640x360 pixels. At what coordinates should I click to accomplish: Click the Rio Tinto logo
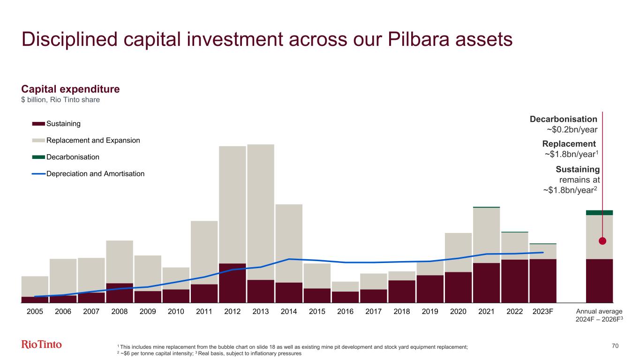click(x=42, y=345)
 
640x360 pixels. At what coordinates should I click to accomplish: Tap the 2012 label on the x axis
click(x=232, y=311)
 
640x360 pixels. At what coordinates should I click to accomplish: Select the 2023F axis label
click(x=542, y=311)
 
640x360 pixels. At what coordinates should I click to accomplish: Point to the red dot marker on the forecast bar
click(x=602, y=241)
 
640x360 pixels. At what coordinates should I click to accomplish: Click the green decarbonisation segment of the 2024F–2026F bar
click(x=599, y=212)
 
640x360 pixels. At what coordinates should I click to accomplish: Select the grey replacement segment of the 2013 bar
click(x=261, y=211)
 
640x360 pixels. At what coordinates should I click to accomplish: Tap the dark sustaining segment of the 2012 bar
click(x=233, y=283)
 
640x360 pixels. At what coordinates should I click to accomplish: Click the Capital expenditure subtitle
click(x=70, y=89)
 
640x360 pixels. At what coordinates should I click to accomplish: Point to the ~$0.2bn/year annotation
click(x=572, y=130)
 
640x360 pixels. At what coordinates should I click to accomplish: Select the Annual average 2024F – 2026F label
click(x=599, y=315)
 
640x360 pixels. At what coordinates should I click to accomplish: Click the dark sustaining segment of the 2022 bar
click(x=514, y=281)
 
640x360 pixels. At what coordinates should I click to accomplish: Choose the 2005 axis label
click(x=35, y=311)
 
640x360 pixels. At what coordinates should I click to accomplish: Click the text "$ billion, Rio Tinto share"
click(x=60, y=100)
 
